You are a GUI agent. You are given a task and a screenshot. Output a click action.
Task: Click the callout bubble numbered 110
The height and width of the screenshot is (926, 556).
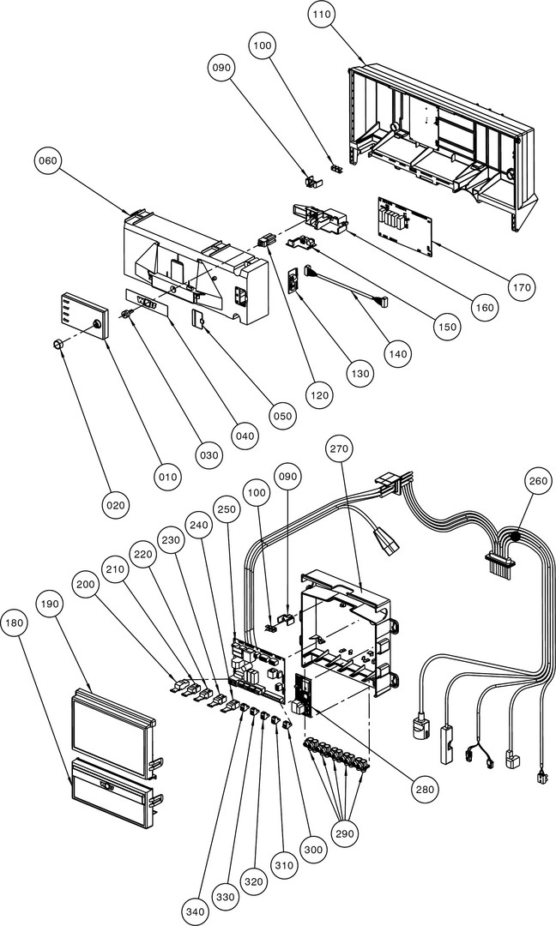point(324,15)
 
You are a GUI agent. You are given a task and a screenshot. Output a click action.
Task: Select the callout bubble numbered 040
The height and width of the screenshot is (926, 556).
point(245,436)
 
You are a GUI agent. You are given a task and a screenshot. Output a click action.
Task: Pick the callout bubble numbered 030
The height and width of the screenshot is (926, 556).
point(207,455)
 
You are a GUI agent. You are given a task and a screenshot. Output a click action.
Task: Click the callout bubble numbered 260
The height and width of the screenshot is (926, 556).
point(538,482)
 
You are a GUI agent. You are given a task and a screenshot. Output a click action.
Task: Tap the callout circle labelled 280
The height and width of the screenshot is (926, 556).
point(423,789)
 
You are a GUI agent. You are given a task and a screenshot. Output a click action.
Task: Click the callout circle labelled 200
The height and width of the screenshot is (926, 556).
point(85,583)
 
